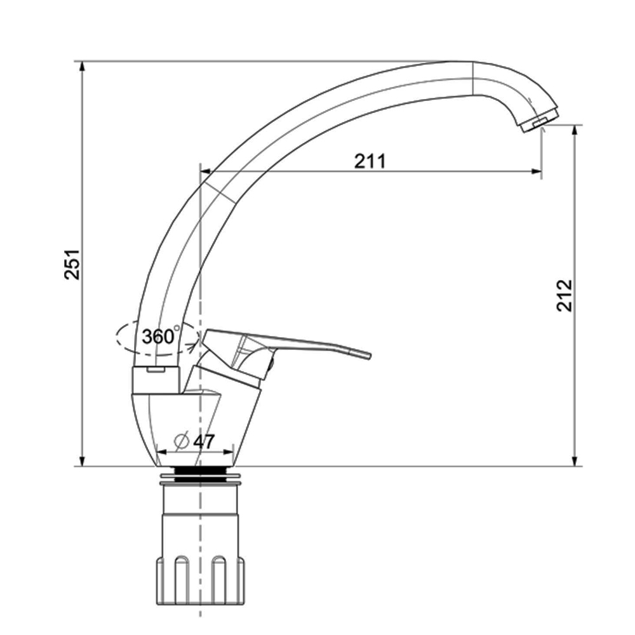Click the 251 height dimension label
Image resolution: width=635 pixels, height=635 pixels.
pos(73,264)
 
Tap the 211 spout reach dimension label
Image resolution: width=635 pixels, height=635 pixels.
pos(370,161)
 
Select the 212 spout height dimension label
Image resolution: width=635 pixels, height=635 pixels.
pos(565,295)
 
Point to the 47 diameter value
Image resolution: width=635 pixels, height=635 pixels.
pos(204,441)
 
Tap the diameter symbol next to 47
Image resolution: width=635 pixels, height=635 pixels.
pos(182,441)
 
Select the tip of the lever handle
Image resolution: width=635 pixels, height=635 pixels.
pos(369,356)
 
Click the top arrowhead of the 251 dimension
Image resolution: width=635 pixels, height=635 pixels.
pos(82,66)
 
